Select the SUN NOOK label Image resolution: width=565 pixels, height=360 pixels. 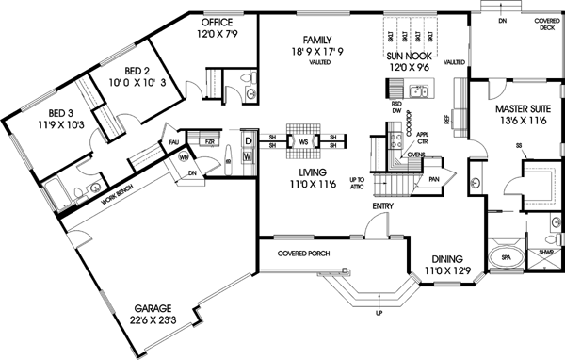tap(409, 56)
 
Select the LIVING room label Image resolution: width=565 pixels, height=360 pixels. tap(308, 173)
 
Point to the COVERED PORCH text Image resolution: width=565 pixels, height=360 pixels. tap(301, 254)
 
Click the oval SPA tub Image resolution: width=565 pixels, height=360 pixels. tap(507, 255)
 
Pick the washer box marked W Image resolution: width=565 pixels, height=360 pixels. tap(248, 158)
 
